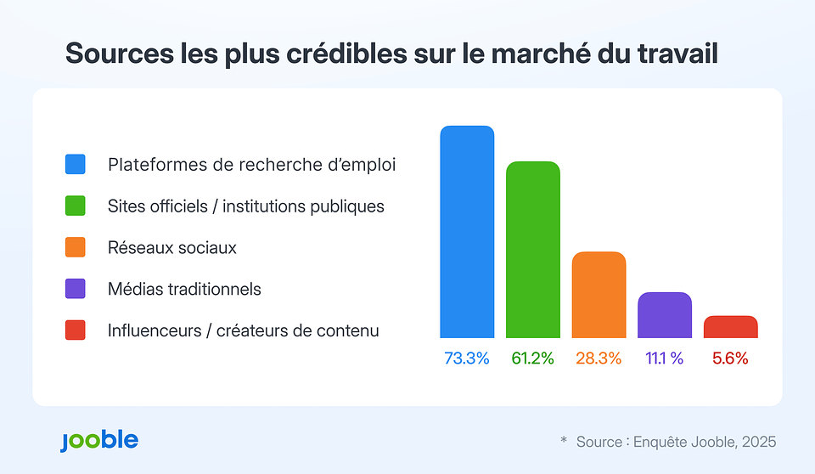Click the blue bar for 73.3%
coord(466,232)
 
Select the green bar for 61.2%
coord(532,250)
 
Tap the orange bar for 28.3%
coord(599,295)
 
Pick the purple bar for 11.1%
coord(665,315)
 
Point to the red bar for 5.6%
coord(730,327)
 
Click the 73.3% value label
coord(466,358)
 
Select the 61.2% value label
coord(532,358)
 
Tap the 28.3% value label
coord(599,358)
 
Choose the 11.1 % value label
coord(665,358)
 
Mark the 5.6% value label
coord(730,358)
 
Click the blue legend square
coord(76,164)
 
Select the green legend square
coord(76,206)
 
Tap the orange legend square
coord(76,247)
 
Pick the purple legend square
coord(76,289)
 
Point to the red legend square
coord(76,330)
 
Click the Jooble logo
coord(98,441)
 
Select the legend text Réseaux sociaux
coord(171,248)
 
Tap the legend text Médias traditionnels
coord(184,289)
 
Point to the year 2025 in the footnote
coord(758,442)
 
